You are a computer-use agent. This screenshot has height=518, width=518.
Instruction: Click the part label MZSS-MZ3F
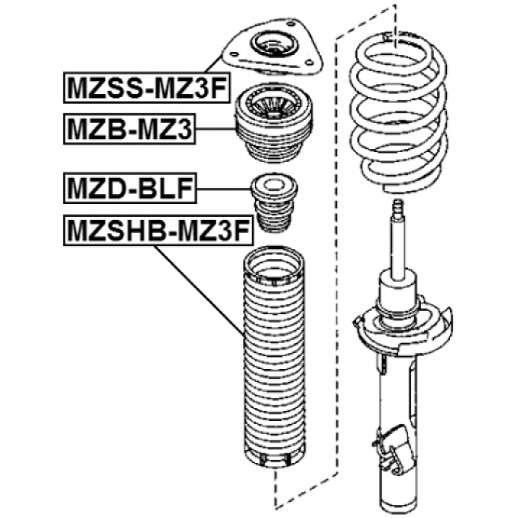click(146, 88)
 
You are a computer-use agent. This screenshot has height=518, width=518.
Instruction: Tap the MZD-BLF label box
click(129, 189)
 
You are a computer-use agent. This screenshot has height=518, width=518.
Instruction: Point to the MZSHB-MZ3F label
click(156, 231)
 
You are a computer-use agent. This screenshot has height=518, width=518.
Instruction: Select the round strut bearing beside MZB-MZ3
click(273, 129)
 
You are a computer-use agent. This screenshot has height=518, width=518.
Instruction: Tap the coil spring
click(398, 117)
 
